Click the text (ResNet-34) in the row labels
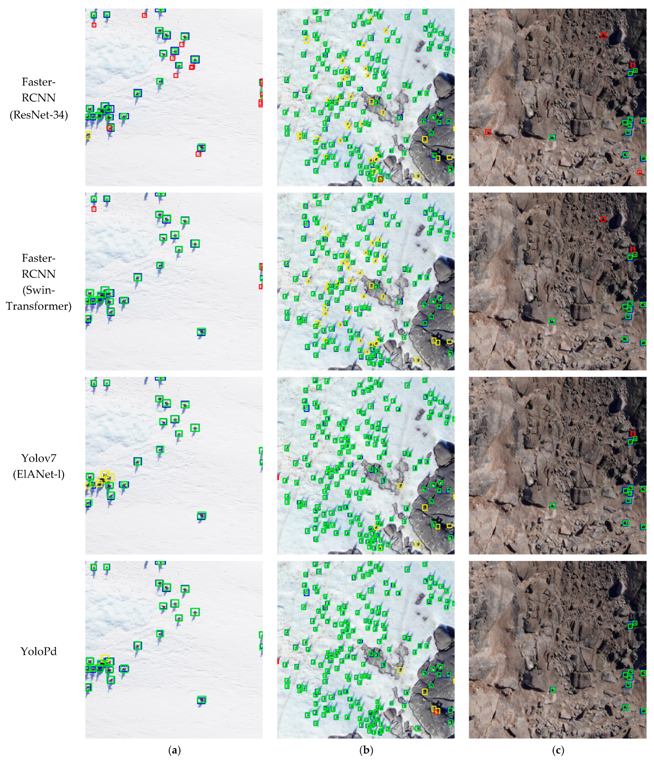[39, 115]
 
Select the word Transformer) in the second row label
[39, 306]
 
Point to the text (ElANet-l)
[39, 474]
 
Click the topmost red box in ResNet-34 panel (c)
[603, 35]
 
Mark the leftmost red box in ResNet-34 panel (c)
[488, 132]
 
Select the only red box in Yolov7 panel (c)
[633, 434]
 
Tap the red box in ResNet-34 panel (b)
[380, 179]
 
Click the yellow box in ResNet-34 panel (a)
[88, 135]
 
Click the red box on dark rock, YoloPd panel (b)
[437, 712]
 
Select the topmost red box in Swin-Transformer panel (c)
[603, 219]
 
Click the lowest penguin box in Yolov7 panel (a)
[201, 515]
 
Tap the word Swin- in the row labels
[39, 290]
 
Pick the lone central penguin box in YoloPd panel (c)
[552, 689]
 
